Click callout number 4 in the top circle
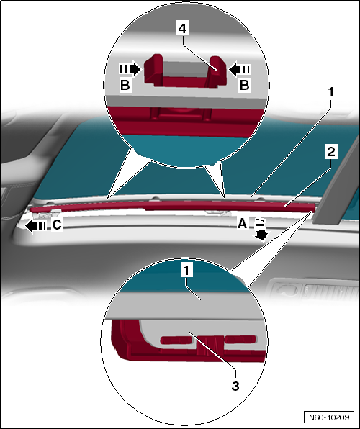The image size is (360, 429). (x=182, y=29)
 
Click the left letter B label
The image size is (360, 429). (x=125, y=85)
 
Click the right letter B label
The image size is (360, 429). (x=245, y=85)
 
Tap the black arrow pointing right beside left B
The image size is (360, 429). (x=130, y=69)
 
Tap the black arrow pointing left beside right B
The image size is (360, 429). (x=240, y=69)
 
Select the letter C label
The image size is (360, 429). (x=57, y=225)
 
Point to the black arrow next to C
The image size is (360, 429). (x=35, y=226)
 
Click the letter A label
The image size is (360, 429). (x=243, y=224)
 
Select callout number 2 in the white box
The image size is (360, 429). (x=331, y=152)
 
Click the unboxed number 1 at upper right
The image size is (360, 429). (x=331, y=92)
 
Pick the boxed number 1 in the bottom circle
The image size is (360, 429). (x=186, y=271)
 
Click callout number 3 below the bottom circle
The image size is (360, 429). (x=235, y=386)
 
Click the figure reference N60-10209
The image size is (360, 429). (x=329, y=417)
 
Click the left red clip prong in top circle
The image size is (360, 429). (x=153, y=69)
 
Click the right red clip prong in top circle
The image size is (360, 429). (x=217, y=71)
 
